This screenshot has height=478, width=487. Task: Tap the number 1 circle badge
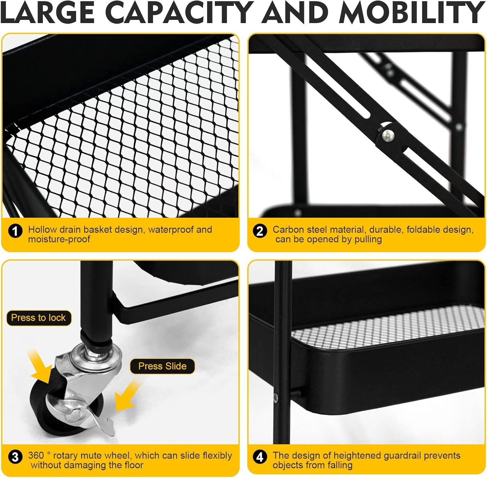[15, 231]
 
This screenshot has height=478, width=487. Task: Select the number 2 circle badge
[260, 231]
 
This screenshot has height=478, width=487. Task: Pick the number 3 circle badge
[15, 457]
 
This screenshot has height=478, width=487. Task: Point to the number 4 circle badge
[260, 457]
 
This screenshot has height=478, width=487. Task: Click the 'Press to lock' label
[38, 318]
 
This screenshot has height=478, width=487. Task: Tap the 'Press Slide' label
[162, 366]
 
